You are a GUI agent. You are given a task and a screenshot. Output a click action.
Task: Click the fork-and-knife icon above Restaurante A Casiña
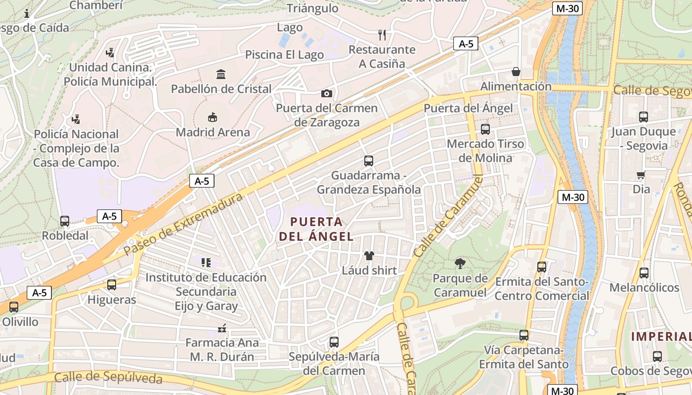point(382,35)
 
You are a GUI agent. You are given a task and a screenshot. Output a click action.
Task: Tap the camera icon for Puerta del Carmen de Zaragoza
point(327,93)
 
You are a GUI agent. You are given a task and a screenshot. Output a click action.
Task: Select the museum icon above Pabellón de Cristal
point(221,75)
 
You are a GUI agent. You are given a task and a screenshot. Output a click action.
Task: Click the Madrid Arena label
point(213,132)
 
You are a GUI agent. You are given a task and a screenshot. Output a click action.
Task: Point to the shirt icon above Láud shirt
point(369,256)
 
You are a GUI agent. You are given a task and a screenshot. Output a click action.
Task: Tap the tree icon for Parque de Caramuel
point(460,264)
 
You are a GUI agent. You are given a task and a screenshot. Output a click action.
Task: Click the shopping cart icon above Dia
point(641,175)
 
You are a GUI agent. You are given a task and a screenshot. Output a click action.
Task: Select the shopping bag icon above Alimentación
point(516,72)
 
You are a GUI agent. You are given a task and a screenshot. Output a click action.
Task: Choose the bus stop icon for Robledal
point(65,221)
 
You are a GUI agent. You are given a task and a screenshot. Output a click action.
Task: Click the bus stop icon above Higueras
point(112,285)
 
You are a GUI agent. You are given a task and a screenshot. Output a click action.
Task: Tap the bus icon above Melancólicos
point(644,273)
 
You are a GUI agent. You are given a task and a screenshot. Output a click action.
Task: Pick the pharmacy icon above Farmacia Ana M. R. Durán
point(222,328)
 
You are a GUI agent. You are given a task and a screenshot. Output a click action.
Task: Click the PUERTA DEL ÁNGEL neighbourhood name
point(316,229)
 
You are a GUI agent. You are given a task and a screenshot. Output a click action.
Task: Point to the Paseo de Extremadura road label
point(183,224)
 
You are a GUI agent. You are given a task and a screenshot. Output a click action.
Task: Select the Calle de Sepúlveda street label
point(108,377)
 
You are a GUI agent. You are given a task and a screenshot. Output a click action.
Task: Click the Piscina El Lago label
point(285,54)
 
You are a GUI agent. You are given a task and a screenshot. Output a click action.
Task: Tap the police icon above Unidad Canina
point(110,52)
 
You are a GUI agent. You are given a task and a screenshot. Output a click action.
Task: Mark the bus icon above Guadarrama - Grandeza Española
point(369,161)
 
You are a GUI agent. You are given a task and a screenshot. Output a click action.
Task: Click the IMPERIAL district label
point(662,337)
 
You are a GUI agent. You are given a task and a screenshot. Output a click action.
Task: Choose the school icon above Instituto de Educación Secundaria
point(206,263)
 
